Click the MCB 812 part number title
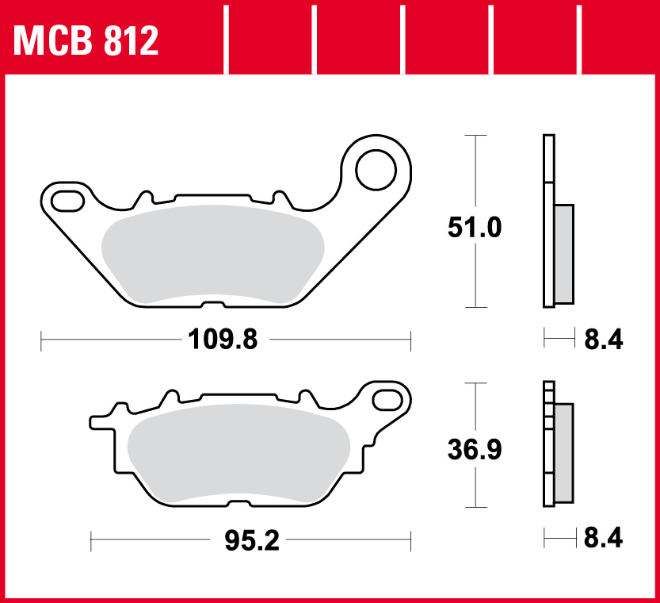click(x=86, y=40)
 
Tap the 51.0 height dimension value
click(x=474, y=229)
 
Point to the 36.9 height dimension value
click(x=474, y=450)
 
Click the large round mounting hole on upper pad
click(x=376, y=168)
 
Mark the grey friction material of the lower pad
click(x=238, y=454)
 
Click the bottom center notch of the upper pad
click(x=212, y=305)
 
